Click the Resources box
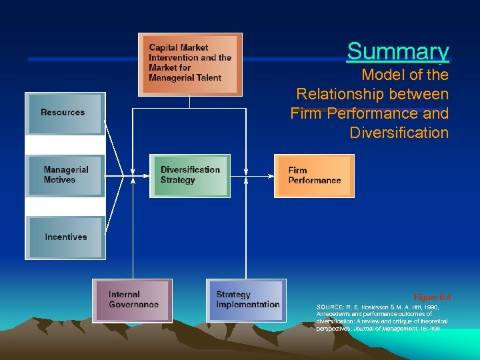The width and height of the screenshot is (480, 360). (x=65, y=113)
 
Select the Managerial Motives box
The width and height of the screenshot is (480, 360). (x=65, y=175)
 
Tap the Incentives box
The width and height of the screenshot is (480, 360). (x=65, y=237)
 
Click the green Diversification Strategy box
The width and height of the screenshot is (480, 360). (x=190, y=175)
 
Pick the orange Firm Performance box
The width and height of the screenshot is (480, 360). (x=314, y=176)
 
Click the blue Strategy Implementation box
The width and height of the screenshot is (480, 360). (x=246, y=300)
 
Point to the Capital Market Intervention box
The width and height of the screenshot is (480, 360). (x=190, y=64)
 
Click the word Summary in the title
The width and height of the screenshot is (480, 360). (x=398, y=51)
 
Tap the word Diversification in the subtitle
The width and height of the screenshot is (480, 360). (x=399, y=133)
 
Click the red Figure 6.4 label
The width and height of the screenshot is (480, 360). (x=432, y=297)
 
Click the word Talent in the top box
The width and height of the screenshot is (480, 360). (x=207, y=77)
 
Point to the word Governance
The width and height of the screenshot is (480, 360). (x=134, y=305)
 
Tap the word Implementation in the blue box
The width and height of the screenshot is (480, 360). (x=248, y=305)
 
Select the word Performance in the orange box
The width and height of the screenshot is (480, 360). (x=315, y=181)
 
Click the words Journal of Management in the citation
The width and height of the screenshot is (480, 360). (x=381, y=329)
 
